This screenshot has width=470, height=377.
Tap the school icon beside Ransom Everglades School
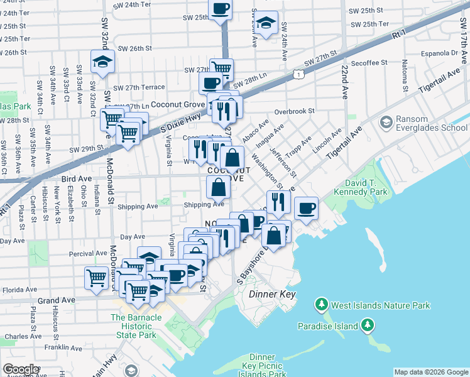(x=386, y=121)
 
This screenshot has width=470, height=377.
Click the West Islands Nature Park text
(x=381, y=305)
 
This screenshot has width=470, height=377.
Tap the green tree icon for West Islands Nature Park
(x=322, y=305)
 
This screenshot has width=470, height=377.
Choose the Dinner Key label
(x=271, y=294)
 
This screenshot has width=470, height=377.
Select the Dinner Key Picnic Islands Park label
(x=262, y=366)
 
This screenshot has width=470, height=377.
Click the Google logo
(x=21, y=369)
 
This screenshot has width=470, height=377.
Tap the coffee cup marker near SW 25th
(x=221, y=9)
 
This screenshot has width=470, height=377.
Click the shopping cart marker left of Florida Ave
(x=96, y=277)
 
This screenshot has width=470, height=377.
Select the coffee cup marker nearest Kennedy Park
(x=306, y=209)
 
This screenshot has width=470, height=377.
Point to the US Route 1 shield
(x=299, y=75)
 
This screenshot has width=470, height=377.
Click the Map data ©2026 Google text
(x=432, y=372)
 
